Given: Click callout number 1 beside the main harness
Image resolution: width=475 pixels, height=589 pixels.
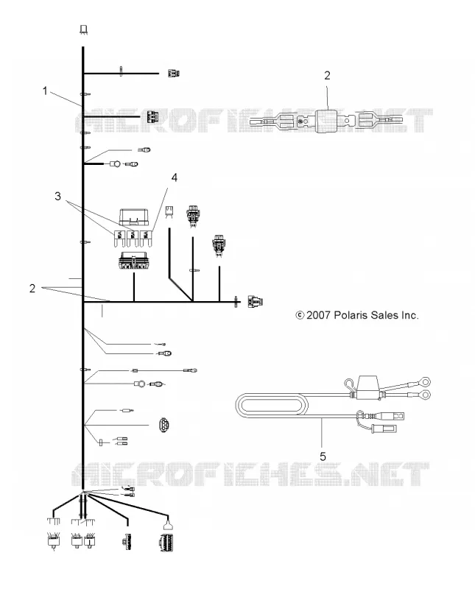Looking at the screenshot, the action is tap(45, 91).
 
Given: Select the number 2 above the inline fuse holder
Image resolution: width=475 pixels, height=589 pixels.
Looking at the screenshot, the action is tap(327, 76).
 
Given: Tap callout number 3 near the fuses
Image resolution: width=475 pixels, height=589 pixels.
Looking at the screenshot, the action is tap(57, 196).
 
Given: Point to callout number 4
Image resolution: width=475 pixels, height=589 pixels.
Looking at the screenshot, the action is tap(175, 177).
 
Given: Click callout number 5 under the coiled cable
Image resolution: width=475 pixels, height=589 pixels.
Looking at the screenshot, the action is tap(323, 456).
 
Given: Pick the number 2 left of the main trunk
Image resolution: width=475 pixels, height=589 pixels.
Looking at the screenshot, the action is tap(32, 288).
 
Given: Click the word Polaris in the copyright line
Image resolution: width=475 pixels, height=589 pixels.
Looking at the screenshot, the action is tap(349, 315).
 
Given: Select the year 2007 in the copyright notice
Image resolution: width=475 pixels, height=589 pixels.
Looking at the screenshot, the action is tap(318, 315).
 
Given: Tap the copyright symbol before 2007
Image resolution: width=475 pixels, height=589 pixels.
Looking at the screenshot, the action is tap(300, 315).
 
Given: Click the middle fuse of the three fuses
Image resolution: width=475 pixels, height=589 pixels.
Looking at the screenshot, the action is tap(133, 238).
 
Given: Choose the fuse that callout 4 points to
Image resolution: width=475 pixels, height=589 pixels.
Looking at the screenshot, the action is tap(146, 238).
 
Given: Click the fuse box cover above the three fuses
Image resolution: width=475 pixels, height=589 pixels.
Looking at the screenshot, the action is tap(134, 217).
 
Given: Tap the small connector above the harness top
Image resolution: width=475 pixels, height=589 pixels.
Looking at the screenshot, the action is tap(84, 29).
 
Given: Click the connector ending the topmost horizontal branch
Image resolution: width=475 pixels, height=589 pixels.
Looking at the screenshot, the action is tap(173, 73).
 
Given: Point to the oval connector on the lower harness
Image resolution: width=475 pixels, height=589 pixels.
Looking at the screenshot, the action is tap(164, 425).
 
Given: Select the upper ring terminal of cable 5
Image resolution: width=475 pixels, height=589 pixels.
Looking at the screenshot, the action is tap(425, 382).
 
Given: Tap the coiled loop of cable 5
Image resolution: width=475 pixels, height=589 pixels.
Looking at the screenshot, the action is tap(271, 406).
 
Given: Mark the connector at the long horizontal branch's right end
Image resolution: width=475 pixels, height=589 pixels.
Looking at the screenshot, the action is tap(255, 302).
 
